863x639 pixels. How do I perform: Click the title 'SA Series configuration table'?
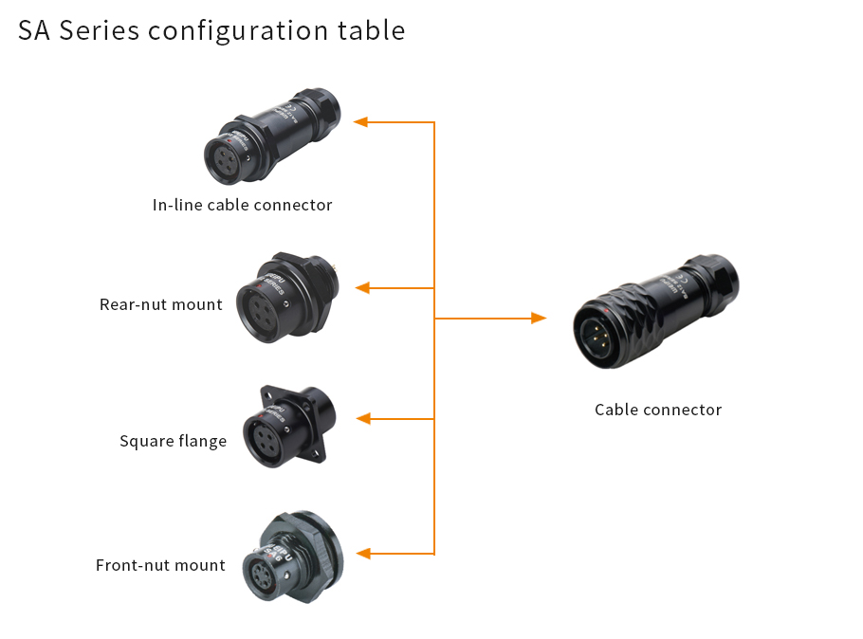(211, 30)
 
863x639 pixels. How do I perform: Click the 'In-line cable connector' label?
(242, 205)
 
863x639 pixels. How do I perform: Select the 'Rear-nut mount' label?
(160, 304)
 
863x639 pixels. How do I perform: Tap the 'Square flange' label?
(173, 441)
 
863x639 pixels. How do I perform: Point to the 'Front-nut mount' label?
(160, 565)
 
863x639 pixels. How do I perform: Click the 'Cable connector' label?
(658, 410)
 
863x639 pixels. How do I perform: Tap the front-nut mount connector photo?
(289, 558)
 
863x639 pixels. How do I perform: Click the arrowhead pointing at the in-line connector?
(361, 121)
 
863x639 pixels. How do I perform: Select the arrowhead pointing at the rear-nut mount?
(361, 287)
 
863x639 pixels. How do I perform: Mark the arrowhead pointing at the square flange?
(361, 418)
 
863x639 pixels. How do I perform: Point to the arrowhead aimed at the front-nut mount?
(361, 553)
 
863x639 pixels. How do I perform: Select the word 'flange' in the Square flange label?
(200, 441)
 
